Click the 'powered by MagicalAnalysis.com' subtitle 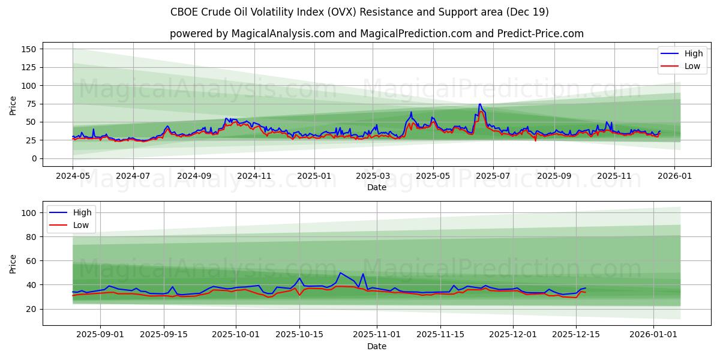pyautogui.click(x=376, y=34)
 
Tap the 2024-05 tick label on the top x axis pyautogui.click(x=73, y=177)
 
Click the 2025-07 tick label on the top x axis pyautogui.click(x=493, y=177)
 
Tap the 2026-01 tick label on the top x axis pyautogui.click(x=674, y=177)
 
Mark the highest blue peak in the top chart pyautogui.click(x=479, y=104)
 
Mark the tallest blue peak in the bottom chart pyautogui.click(x=340, y=272)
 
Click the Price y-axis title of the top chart pyautogui.click(x=13, y=105)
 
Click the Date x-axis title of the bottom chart pyautogui.click(x=376, y=346)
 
